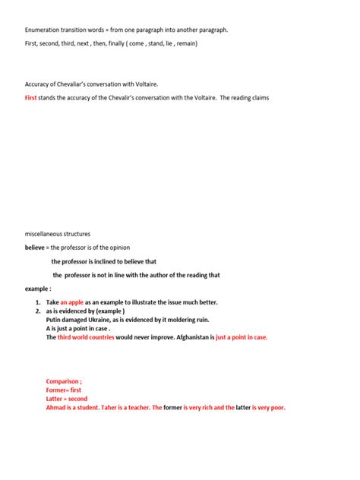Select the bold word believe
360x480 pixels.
(35, 248)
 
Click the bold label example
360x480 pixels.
(37, 289)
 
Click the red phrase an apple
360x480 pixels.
(75, 302)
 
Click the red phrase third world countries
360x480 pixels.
(86, 337)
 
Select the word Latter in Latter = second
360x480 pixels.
(55, 399)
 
